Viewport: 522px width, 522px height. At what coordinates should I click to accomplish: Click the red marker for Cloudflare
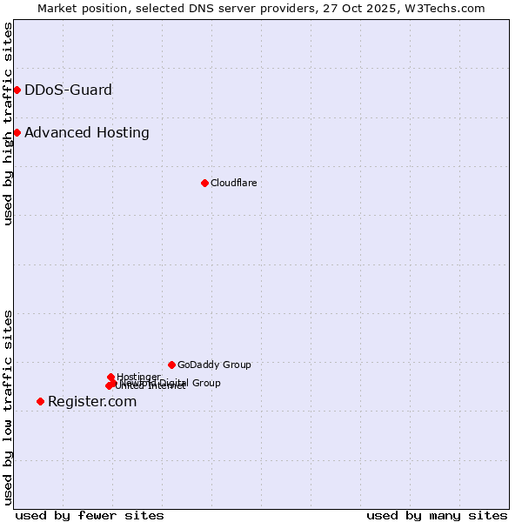coord(204,183)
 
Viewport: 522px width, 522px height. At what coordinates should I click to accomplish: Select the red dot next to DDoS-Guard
coord(17,90)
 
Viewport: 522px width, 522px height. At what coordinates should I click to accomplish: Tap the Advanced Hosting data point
coord(17,132)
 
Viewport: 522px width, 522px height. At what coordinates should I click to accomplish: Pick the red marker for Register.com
coord(40,401)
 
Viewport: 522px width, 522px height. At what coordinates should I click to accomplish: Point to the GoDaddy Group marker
coord(171,365)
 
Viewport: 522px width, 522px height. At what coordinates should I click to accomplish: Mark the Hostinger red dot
coord(110,377)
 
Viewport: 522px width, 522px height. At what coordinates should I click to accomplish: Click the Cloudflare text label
coord(233,183)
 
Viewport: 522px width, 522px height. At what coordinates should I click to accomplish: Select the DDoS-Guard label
coord(68,90)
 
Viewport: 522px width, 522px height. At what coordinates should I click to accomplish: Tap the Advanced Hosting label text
coord(87,132)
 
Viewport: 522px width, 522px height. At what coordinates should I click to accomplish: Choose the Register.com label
coord(92,401)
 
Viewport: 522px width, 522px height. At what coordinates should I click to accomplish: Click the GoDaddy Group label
coord(214,365)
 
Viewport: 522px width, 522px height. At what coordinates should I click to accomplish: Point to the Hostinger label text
coord(138,377)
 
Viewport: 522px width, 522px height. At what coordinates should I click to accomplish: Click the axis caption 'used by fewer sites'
coord(90,515)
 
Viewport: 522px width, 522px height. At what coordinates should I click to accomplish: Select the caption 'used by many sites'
coord(437,515)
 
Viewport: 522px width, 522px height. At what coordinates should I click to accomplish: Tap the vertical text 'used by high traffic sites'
coord(8,124)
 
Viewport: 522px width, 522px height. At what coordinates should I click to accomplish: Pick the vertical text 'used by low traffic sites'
coord(8,407)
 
